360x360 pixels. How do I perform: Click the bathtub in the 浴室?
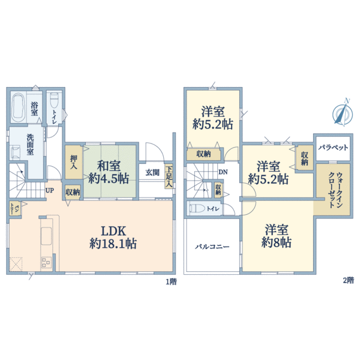[19, 107]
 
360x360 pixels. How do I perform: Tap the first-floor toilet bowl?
[54, 100]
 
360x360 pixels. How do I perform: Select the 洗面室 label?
[30, 145]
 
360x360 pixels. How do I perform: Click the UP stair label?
[50, 190]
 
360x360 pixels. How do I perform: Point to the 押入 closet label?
[73, 162]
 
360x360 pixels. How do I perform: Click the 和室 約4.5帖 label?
[109, 172]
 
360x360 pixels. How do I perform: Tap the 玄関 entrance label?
[152, 172]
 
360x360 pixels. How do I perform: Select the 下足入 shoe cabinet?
[169, 176]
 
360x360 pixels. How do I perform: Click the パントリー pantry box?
[15, 208]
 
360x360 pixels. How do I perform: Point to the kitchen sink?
[46, 236]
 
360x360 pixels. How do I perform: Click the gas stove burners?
[46, 262]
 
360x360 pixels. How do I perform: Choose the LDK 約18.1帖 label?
[113, 237]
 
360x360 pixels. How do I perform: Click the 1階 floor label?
[171, 282]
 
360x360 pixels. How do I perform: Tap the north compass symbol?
[343, 113]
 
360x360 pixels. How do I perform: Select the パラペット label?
[333, 148]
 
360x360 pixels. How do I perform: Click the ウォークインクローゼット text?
[335, 190]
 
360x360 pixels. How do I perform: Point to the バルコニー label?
[212, 247]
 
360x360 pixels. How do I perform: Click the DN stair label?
[223, 172]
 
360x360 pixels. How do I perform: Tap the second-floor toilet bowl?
[197, 208]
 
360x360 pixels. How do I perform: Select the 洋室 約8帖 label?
[277, 236]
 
